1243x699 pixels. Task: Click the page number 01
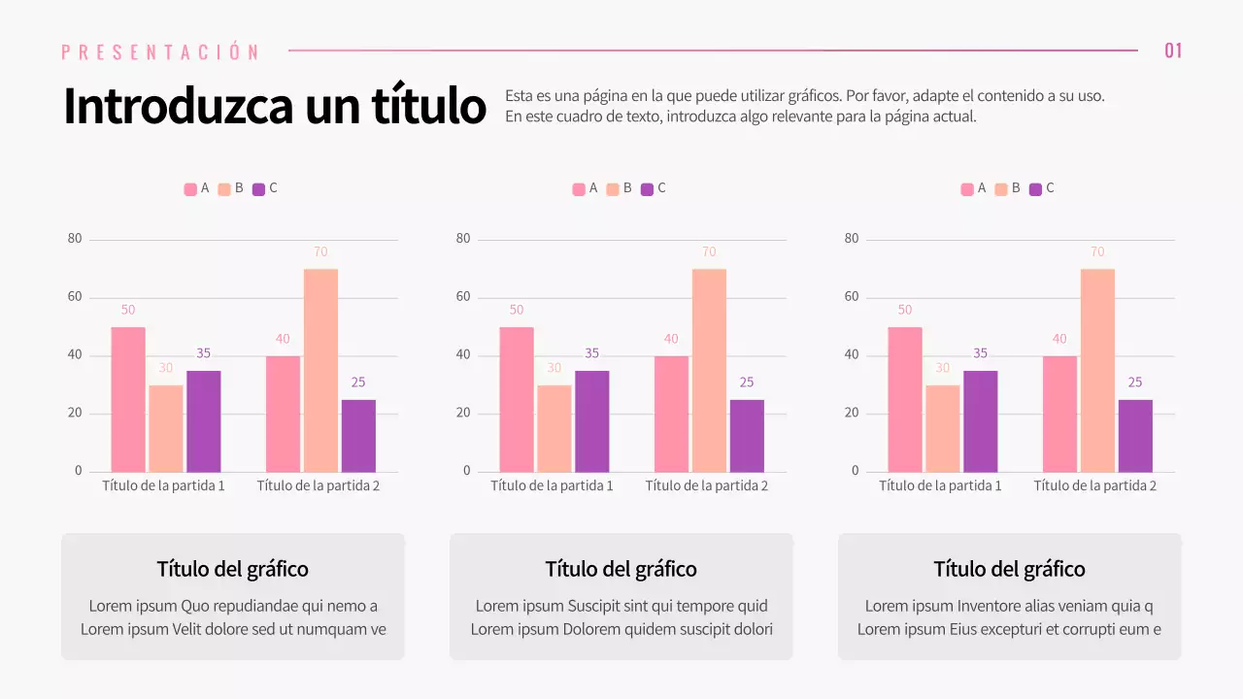point(1173,50)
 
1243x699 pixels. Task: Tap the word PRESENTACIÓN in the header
point(160,52)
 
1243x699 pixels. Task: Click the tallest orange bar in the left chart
point(320,371)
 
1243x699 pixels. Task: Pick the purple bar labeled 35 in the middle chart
point(591,421)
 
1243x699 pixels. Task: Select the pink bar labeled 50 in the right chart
point(904,400)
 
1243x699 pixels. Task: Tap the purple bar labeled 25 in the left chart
point(358,436)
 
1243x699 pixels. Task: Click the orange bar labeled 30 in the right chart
point(942,429)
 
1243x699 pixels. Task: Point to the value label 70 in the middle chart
point(709,252)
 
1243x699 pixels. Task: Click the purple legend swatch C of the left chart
point(258,189)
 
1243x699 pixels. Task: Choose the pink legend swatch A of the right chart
point(967,189)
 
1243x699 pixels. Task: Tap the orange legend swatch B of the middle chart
point(613,189)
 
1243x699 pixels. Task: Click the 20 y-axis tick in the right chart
point(852,414)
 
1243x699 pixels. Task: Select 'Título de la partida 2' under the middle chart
point(706,485)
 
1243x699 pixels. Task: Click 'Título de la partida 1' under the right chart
point(940,485)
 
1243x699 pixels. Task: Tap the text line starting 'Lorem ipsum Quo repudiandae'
point(233,607)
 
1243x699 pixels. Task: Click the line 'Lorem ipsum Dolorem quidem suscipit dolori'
point(621,629)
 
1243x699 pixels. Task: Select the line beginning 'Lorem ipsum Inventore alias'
point(1009,607)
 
